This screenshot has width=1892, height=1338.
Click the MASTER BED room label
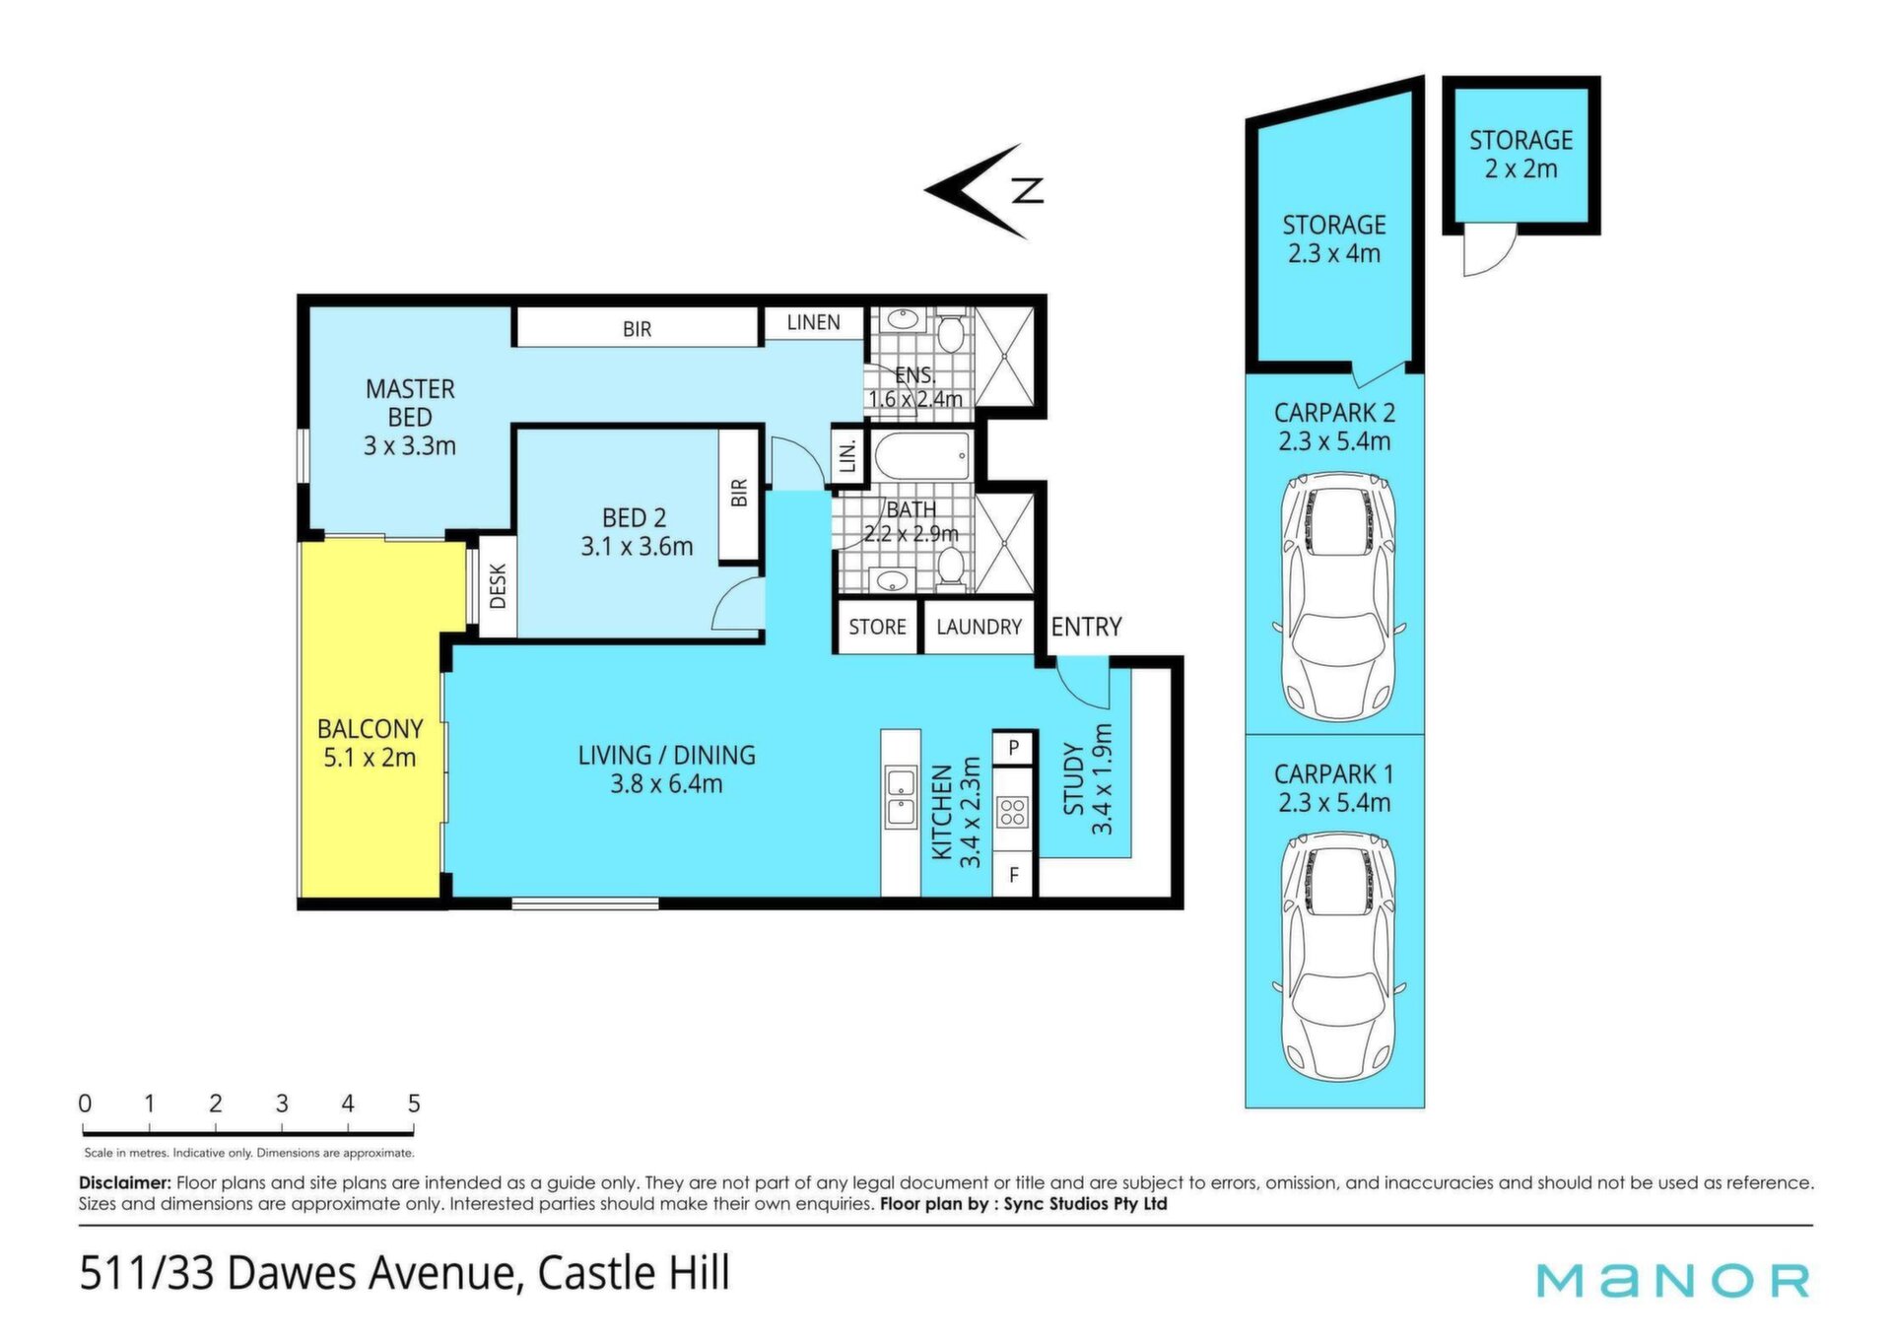tap(410, 417)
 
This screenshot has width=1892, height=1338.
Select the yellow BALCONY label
tap(370, 743)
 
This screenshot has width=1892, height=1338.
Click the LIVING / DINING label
tap(666, 769)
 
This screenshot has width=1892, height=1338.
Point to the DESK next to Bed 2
tap(498, 585)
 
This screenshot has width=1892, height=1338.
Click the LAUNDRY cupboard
tap(979, 627)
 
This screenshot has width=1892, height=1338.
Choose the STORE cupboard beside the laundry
tap(877, 627)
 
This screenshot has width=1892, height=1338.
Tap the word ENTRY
tap(1086, 627)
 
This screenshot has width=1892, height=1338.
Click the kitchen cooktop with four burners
tap(1013, 812)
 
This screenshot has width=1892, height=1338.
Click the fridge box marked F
tap(1013, 876)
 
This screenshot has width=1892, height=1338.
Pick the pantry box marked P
tap(1013, 748)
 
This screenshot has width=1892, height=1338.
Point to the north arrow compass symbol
tap(983, 190)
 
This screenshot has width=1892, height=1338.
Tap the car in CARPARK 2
tap(1337, 598)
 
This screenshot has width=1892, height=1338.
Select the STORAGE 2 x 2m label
tap(1520, 155)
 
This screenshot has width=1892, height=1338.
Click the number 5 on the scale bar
tap(414, 1104)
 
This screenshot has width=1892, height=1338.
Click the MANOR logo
tap(1673, 1280)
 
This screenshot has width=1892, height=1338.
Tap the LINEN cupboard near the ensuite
tap(813, 322)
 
